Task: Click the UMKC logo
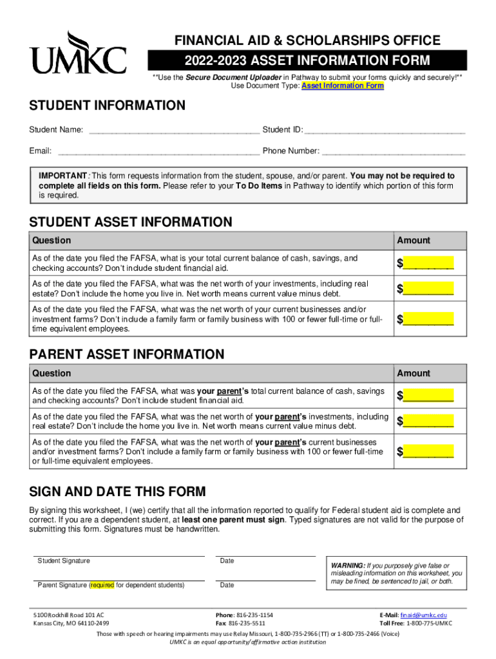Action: [77, 53]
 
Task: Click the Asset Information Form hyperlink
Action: [343, 86]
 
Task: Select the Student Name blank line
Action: [174, 131]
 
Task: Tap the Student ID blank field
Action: [385, 131]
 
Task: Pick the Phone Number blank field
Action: [393, 152]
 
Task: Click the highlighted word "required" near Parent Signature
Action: [102, 586]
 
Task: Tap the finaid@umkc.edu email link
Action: [423, 615]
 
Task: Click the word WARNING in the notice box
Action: [347, 565]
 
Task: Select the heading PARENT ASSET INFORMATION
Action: [127, 355]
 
